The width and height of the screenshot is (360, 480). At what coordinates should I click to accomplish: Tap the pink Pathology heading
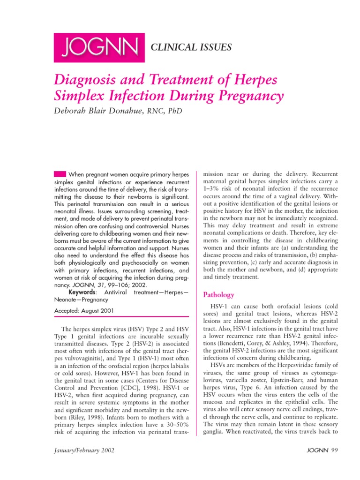(x=218, y=295)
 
